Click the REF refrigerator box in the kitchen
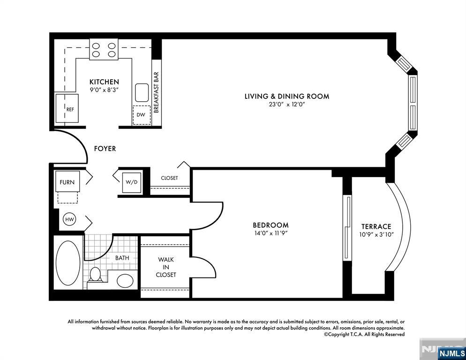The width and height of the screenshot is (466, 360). [x=67, y=108]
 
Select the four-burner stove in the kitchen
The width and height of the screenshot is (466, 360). [x=104, y=50]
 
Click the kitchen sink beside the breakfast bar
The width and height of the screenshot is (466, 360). [x=142, y=92]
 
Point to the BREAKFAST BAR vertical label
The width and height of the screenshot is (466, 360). [x=157, y=92]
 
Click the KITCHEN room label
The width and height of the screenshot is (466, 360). [x=104, y=82]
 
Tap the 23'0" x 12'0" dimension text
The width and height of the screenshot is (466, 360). [x=287, y=105]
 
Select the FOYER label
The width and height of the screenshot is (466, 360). [x=105, y=149]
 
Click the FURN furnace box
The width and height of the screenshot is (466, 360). [x=68, y=182]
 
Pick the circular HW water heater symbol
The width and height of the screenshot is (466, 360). [x=69, y=219]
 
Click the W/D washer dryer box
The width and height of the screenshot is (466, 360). [x=131, y=182]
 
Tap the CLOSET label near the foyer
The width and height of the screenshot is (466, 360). [x=169, y=178]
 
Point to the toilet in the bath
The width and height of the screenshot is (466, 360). [x=95, y=275]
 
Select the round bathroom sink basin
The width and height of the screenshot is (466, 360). [x=125, y=280]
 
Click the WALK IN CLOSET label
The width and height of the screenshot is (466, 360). [x=166, y=267]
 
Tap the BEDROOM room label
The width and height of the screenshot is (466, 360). [x=271, y=225]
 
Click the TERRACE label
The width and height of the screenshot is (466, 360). [x=376, y=226]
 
